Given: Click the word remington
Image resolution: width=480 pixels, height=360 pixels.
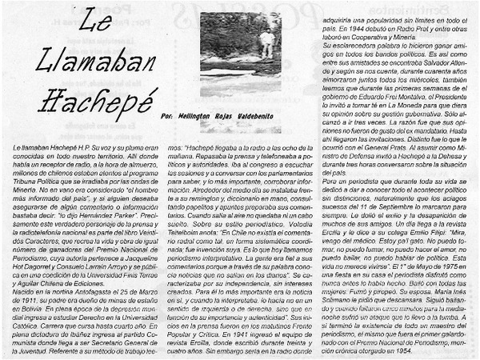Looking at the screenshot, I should coord(224,198).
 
